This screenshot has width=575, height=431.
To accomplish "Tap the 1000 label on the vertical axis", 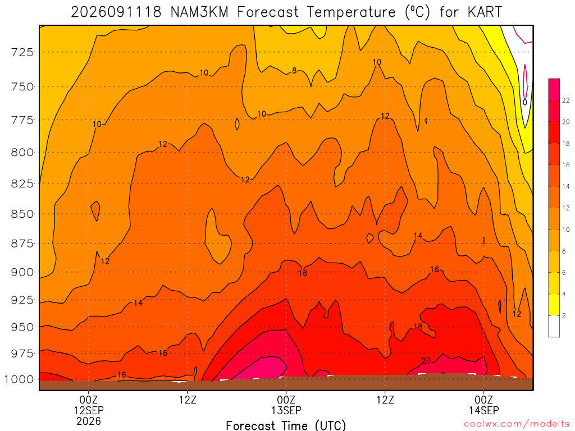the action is [x=19, y=379].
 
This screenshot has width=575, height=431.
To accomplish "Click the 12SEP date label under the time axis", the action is [x=89, y=410].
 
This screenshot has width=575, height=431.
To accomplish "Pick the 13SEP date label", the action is [x=286, y=410].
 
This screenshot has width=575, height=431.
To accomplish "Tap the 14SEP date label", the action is [x=484, y=410].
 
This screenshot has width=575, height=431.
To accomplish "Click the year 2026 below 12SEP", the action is [x=89, y=421].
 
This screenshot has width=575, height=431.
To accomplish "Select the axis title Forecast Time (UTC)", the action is [x=286, y=425].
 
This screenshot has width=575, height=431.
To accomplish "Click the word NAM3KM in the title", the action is [x=199, y=12].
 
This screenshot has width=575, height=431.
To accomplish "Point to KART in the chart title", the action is [x=485, y=12].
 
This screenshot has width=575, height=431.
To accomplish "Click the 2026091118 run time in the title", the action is [x=116, y=12].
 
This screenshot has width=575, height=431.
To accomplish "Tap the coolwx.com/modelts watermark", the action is [x=517, y=424].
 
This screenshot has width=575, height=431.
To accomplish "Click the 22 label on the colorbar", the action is [x=566, y=100].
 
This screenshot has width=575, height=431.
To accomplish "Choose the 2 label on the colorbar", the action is [x=564, y=315].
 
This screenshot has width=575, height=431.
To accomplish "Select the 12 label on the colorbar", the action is [x=566, y=208].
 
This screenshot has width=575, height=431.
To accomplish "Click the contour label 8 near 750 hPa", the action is [x=294, y=70].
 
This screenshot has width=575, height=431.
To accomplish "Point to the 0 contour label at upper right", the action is [x=525, y=102].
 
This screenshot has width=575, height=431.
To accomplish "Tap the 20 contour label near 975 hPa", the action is [x=426, y=361].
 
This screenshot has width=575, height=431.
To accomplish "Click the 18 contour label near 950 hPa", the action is [x=418, y=327].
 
